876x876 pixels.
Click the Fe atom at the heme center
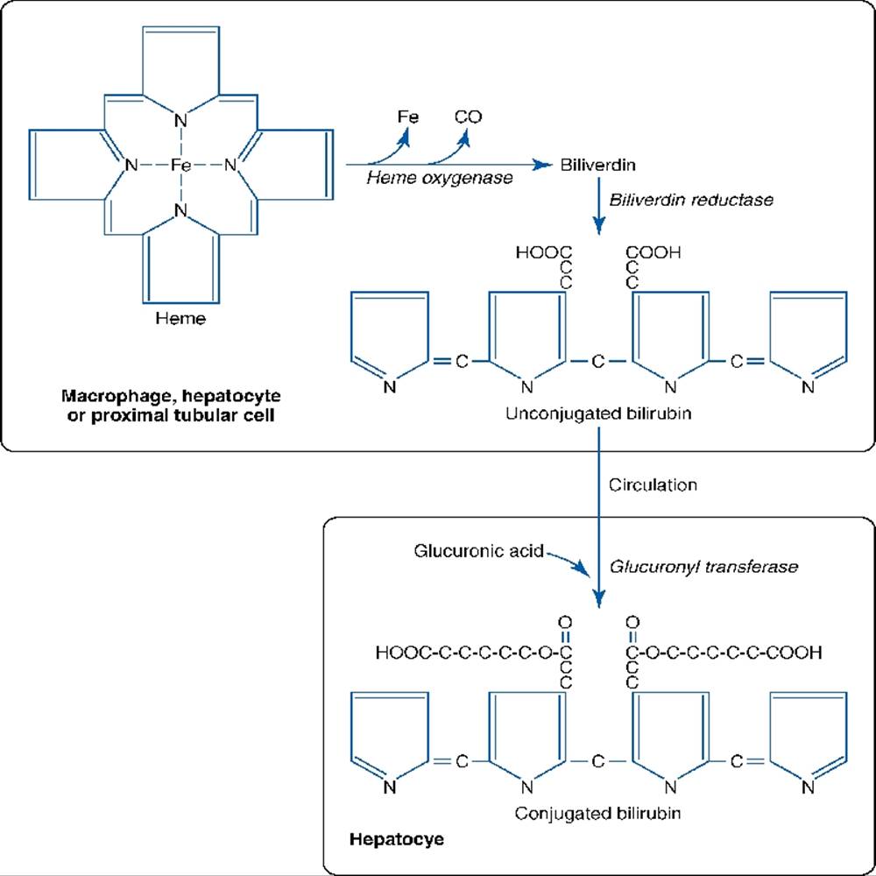pyautogui.click(x=180, y=164)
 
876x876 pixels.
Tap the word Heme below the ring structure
pyautogui.click(x=180, y=318)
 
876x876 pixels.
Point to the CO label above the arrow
pyautogui.click(x=468, y=117)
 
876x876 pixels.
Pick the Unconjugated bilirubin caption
pyautogui.click(x=598, y=413)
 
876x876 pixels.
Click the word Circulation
pyautogui.click(x=653, y=484)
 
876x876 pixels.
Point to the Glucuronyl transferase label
pyautogui.click(x=703, y=567)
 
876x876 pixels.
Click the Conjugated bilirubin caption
pyautogui.click(x=598, y=812)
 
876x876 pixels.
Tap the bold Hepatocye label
pyautogui.click(x=397, y=839)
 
